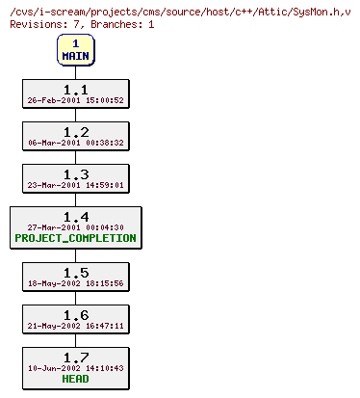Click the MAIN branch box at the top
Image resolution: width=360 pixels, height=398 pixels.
pos(75,49)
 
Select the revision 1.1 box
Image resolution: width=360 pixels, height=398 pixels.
pos(75,93)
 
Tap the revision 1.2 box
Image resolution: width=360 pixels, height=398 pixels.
pos(75,136)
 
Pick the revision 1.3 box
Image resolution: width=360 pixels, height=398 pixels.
pos(75,178)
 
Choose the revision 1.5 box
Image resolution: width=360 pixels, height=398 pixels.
pos(75,277)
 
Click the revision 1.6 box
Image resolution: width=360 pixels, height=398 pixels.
pos(75,319)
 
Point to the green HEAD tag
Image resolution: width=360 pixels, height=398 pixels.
pos(75,380)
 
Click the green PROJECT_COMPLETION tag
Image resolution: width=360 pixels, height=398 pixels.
pos(75,238)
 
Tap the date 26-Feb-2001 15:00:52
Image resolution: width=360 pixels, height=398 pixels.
pos(75,100)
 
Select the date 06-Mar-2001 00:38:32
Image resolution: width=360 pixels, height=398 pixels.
pos(75,143)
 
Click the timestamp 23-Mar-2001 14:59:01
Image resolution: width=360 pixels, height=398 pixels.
pos(75,185)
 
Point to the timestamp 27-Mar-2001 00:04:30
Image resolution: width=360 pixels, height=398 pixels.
pos(75,227)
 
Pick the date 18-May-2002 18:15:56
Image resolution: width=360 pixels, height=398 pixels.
pos(75,283)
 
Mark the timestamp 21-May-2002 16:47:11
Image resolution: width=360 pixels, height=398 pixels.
pos(75,326)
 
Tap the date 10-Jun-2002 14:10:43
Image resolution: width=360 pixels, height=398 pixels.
pos(75,368)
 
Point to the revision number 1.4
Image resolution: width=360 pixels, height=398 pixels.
pos(75,217)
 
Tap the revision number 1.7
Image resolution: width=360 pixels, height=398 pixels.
pos(75,358)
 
